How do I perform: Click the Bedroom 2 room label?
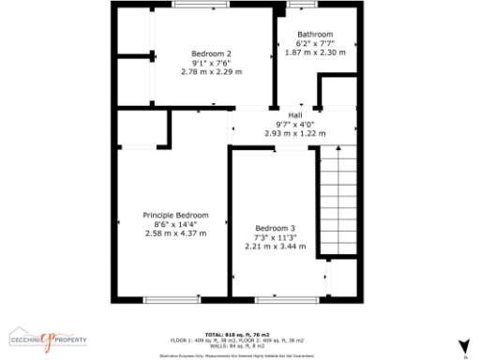(x=210, y=53)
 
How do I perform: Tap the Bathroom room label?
(x=314, y=35)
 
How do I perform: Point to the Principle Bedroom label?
(x=175, y=215)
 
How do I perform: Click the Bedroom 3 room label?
(x=276, y=228)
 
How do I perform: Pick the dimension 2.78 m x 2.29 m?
(x=210, y=71)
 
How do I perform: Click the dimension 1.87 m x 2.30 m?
(x=315, y=52)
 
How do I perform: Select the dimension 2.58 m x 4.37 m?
(x=175, y=232)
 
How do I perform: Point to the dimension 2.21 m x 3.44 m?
(x=276, y=246)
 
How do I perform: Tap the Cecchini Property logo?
(x=48, y=338)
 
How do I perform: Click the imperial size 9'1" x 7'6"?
(x=210, y=63)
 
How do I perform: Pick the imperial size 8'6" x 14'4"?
(x=175, y=224)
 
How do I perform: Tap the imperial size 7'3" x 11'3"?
(x=276, y=237)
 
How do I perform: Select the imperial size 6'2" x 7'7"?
(x=315, y=44)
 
